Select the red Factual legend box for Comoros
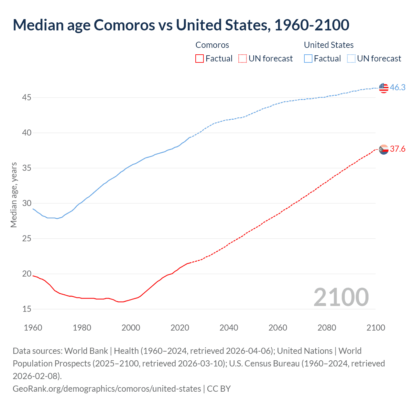point(200,59)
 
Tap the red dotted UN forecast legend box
point(243,59)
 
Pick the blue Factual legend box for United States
point(308,59)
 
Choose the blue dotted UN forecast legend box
point(351,59)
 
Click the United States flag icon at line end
point(384,88)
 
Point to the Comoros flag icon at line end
point(384,149)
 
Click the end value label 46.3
point(398,87)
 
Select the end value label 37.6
point(398,149)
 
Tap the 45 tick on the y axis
point(27,97)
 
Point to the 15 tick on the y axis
point(27,309)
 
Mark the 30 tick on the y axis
point(27,203)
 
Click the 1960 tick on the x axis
point(33,328)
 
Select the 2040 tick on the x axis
point(229,328)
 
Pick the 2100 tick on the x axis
point(376,328)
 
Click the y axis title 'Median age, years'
point(14,195)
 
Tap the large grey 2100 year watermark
point(341,297)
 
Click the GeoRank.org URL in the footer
point(107,388)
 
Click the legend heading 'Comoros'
point(212,45)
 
